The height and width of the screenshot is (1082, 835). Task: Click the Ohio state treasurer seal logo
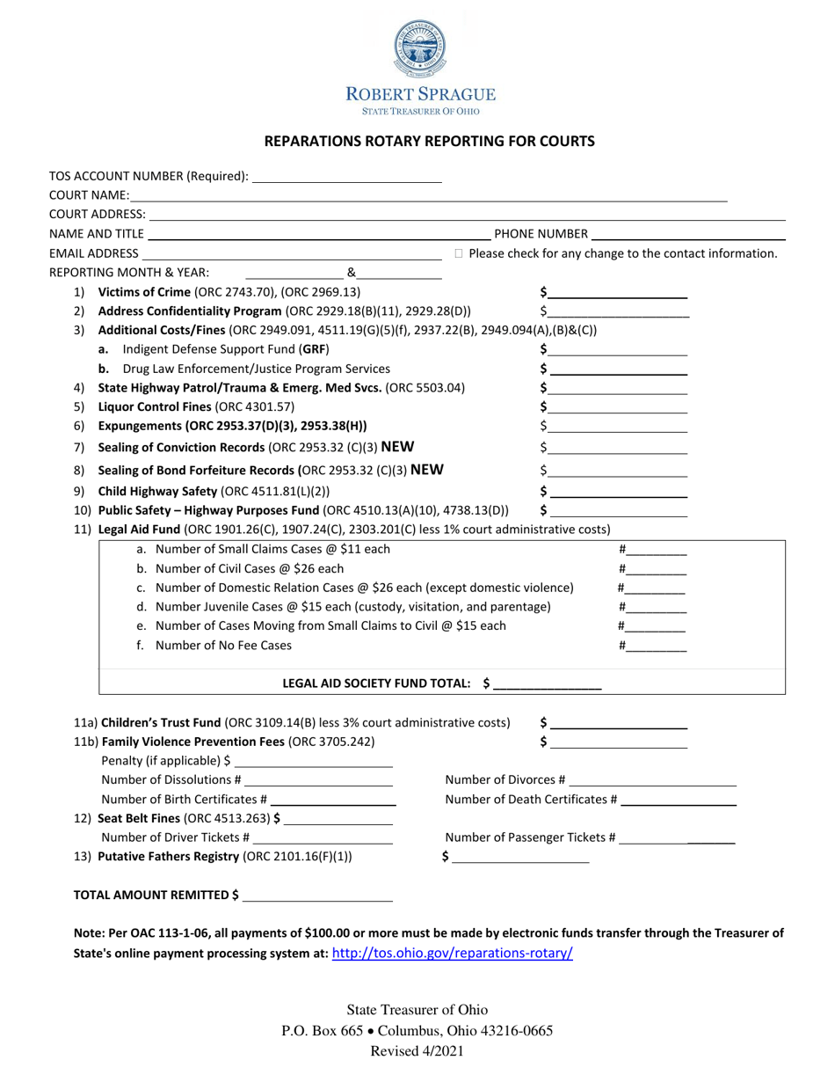[x=419, y=49]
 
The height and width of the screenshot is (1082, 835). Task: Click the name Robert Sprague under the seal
[x=420, y=94]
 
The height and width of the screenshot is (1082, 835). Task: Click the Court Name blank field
[x=428, y=195]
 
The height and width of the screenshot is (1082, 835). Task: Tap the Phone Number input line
[x=688, y=234]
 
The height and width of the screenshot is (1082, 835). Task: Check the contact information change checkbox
[x=459, y=253]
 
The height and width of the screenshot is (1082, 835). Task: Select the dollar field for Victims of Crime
[x=617, y=292]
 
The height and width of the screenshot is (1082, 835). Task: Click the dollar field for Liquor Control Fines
[x=617, y=407]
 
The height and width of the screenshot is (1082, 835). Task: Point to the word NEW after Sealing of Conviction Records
[x=397, y=447]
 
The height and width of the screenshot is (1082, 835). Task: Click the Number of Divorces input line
[x=653, y=780]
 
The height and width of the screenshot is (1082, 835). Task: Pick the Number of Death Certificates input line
[x=679, y=800]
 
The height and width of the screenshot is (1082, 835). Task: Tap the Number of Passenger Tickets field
[x=678, y=838]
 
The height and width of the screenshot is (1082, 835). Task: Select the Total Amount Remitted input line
[x=317, y=896]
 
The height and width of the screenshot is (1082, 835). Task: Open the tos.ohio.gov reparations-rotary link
[x=453, y=953]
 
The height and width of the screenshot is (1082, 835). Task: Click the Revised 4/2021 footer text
[x=417, y=1050]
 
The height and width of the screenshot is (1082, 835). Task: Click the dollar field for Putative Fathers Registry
[x=520, y=857]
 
